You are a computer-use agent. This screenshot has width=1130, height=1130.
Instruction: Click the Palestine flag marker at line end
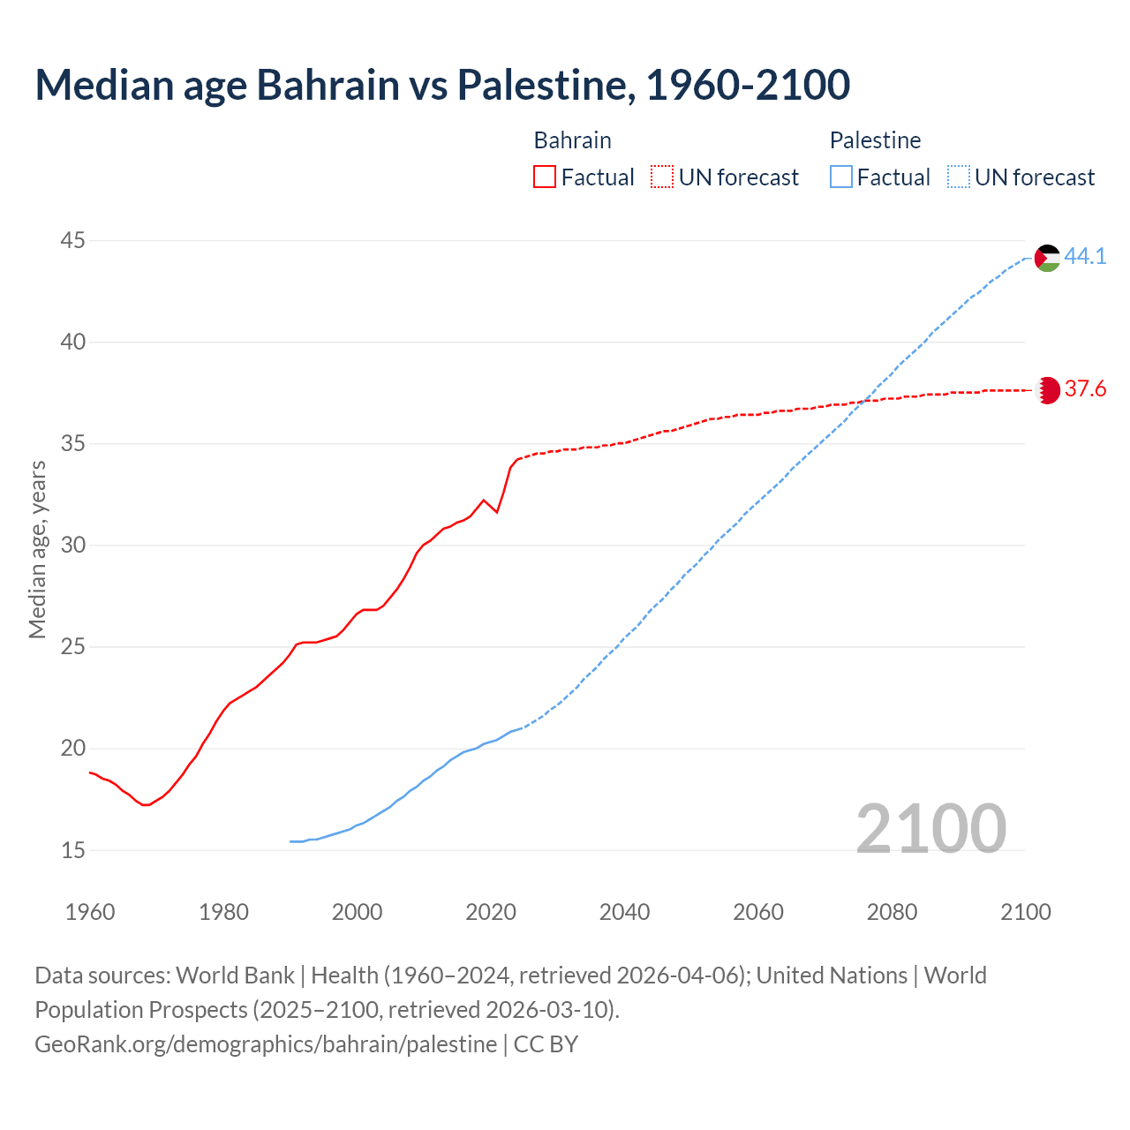click(x=1047, y=258)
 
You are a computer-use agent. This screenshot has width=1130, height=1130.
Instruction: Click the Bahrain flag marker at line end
click(x=1047, y=390)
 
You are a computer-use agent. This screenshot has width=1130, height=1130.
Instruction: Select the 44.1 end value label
click(x=1085, y=257)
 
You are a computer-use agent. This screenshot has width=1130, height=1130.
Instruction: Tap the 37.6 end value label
click(x=1085, y=389)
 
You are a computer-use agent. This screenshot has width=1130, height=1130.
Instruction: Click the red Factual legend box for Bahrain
click(x=545, y=177)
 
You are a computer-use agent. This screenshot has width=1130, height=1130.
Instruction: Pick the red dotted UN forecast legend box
click(x=662, y=177)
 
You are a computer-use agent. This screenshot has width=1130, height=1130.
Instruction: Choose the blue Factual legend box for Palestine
click(x=841, y=177)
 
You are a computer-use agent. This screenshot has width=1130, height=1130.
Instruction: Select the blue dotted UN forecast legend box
click(x=959, y=177)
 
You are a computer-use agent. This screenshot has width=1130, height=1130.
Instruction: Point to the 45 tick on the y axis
click(x=73, y=240)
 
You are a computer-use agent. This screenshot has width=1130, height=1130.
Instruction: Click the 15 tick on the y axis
click(x=73, y=850)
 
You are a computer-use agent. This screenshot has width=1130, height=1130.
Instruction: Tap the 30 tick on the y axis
click(x=73, y=546)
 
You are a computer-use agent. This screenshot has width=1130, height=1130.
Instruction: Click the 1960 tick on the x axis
click(x=90, y=912)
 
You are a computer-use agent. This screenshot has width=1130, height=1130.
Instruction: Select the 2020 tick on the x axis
click(x=491, y=912)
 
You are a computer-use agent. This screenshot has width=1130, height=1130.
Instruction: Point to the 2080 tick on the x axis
click(x=892, y=912)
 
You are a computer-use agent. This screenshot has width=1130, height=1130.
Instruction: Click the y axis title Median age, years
click(x=37, y=549)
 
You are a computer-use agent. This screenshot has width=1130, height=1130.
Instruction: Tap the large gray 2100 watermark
click(x=930, y=828)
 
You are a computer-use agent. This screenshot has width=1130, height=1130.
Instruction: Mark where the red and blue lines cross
click(x=862, y=402)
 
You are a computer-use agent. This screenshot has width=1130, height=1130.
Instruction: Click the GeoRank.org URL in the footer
click(x=266, y=1043)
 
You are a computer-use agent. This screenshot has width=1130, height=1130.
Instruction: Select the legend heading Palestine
click(x=875, y=140)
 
